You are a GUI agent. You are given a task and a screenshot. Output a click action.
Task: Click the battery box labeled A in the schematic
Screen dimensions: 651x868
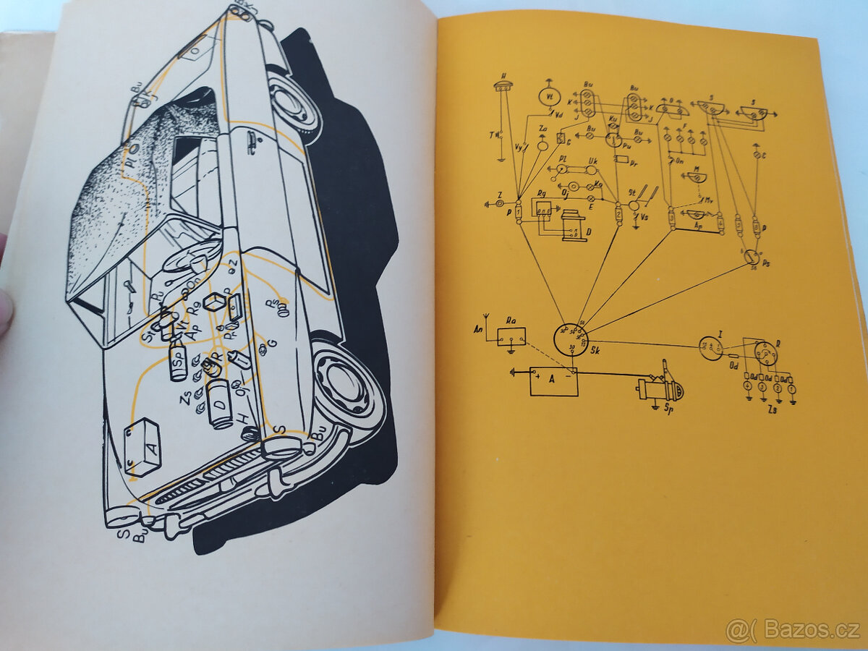point(553,381)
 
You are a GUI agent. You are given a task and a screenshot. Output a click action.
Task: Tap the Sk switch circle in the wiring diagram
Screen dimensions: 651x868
point(571,340)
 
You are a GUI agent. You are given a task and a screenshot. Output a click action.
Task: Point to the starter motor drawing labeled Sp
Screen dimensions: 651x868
point(659,391)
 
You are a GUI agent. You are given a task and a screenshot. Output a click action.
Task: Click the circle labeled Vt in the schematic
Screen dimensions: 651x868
point(550,97)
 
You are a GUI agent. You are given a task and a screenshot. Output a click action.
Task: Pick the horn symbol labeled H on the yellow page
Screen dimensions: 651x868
point(503,88)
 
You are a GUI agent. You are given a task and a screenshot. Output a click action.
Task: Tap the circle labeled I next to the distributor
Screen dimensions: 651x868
point(711,348)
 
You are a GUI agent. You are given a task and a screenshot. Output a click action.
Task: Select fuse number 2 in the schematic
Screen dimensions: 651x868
point(618,214)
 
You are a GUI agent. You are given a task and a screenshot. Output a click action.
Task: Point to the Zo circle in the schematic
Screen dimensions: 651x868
point(542,145)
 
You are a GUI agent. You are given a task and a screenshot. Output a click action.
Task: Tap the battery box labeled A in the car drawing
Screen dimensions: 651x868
point(142,446)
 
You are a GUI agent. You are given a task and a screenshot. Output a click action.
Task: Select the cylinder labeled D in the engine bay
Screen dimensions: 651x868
point(219,404)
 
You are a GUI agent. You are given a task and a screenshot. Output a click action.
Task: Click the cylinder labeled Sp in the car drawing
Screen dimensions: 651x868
point(178,361)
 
